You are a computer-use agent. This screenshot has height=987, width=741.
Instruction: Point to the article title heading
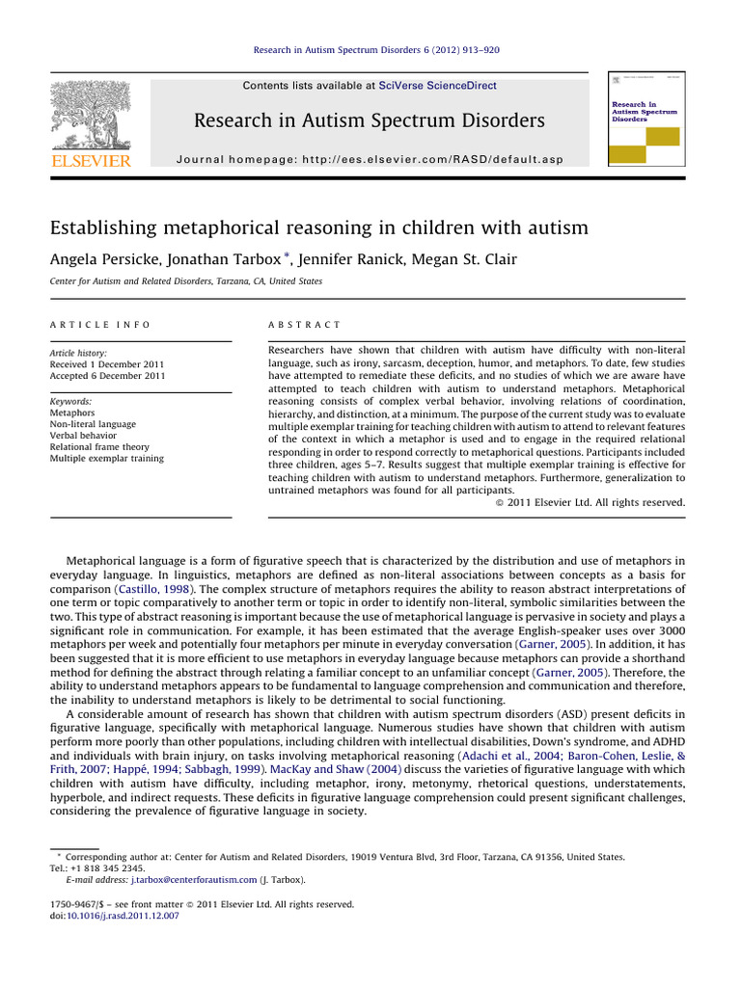(318, 228)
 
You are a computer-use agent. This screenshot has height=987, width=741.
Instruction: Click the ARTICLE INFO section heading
(99, 326)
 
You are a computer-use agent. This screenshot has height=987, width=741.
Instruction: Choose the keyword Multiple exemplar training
(106, 459)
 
